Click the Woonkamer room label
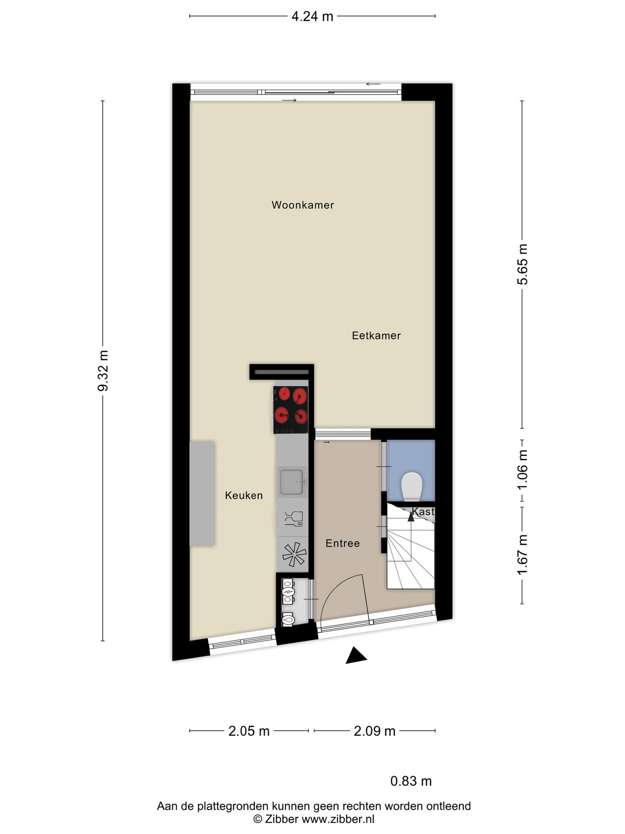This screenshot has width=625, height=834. point(303,205)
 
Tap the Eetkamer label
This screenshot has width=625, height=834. point(376,336)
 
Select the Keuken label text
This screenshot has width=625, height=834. point(244,496)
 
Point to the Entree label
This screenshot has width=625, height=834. point(343,543)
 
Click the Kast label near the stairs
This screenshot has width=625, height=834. point(423,511)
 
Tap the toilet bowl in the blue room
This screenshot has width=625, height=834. point(412,486)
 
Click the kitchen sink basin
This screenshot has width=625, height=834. point(291,482)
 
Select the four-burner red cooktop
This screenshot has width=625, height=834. point(291,410)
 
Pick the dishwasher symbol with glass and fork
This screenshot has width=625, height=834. point(294,519)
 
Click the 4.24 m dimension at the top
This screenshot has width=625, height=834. point(312,16)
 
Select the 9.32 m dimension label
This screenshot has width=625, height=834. point(103,370)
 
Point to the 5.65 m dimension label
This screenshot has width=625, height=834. point(522,264)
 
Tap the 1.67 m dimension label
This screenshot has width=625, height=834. point(522,555)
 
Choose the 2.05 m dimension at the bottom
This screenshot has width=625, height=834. point(249,731)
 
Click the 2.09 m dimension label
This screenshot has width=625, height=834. point(374,731)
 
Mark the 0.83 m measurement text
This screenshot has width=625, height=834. point(411,781)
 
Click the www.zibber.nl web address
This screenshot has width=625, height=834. point(338,819)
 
